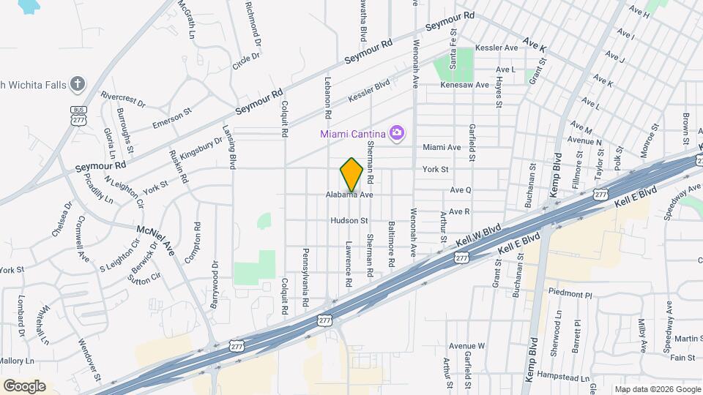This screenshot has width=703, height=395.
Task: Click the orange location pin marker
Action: (351, 176)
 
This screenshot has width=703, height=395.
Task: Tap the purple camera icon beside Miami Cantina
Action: (397, 132)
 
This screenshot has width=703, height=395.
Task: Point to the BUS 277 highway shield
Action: (78, 116)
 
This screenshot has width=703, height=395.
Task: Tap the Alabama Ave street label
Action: (350, 195)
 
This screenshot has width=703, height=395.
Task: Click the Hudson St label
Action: (349, 219)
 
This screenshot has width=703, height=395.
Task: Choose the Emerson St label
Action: (171, 119)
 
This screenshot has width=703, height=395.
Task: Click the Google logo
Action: (24, 386)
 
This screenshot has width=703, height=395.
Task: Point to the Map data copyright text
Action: (657, 389)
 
